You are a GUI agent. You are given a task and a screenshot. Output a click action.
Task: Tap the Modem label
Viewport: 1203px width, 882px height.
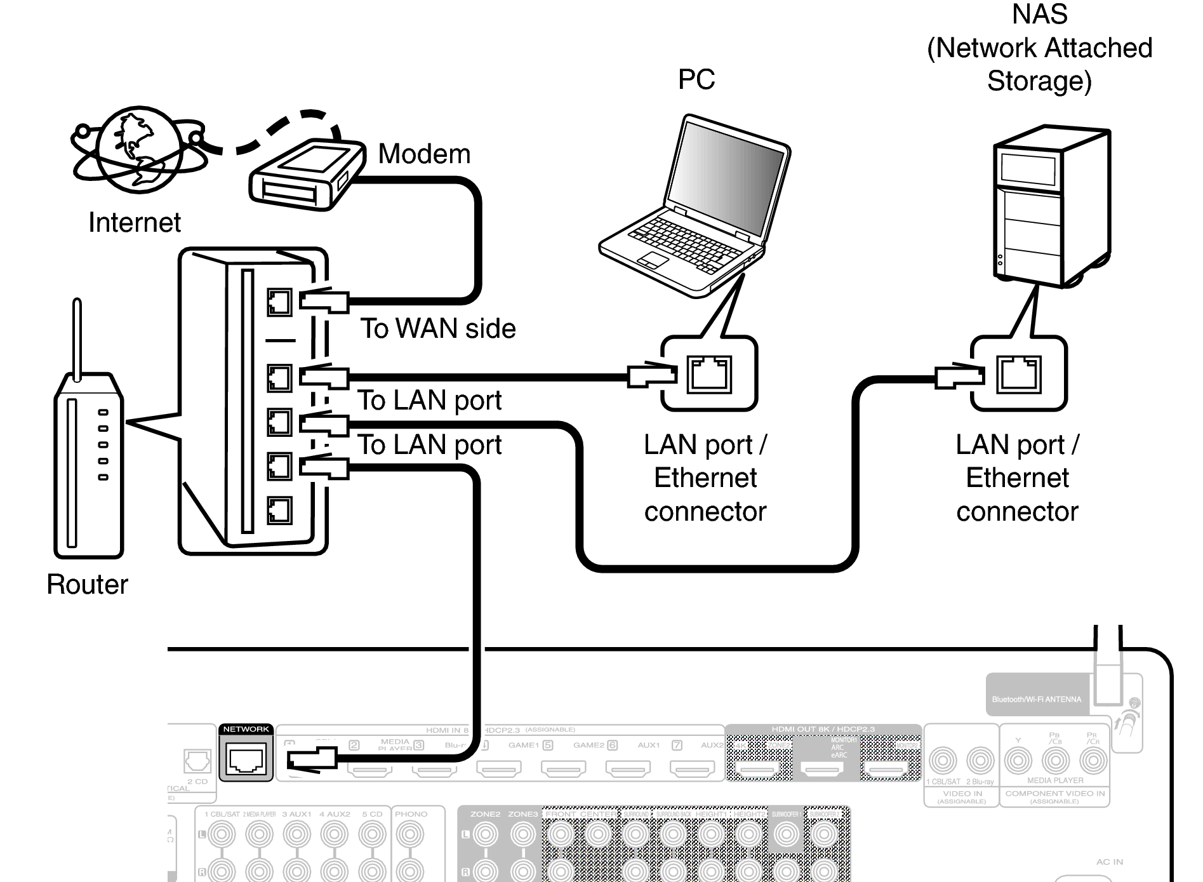click(x=424, y=154)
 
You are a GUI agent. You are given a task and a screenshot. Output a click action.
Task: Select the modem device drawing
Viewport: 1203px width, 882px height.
click(x=306, y=174)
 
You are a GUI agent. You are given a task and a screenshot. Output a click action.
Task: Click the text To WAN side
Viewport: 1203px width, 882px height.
click(x=438, y=329)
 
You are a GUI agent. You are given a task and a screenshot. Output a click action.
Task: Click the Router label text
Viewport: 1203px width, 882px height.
click(x=87, y=584)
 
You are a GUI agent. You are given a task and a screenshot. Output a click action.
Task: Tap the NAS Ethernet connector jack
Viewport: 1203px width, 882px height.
click(x=1019, y=374)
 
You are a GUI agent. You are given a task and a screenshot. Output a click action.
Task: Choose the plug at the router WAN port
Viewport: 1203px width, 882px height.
click(x=324, y=301)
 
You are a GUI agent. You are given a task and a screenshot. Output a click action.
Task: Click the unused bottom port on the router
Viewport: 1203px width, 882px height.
click(x=279, y=510)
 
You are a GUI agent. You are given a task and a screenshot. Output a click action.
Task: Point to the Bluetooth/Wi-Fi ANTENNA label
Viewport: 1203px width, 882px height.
click(x=1036, y=699)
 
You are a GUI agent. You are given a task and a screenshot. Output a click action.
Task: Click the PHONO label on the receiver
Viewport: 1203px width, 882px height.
click(x=411, y=814)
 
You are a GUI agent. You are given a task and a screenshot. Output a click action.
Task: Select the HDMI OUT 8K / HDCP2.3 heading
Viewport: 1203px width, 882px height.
click(x=823, y=729)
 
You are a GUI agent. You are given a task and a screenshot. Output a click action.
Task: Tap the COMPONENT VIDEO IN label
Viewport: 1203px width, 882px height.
click(x=1054, y=794)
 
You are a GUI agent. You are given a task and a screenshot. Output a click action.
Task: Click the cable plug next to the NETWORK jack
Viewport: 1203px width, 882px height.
click(x=311, y=760)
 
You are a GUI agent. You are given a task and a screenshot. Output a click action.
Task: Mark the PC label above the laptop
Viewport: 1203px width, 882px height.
click(x=696, y=80)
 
